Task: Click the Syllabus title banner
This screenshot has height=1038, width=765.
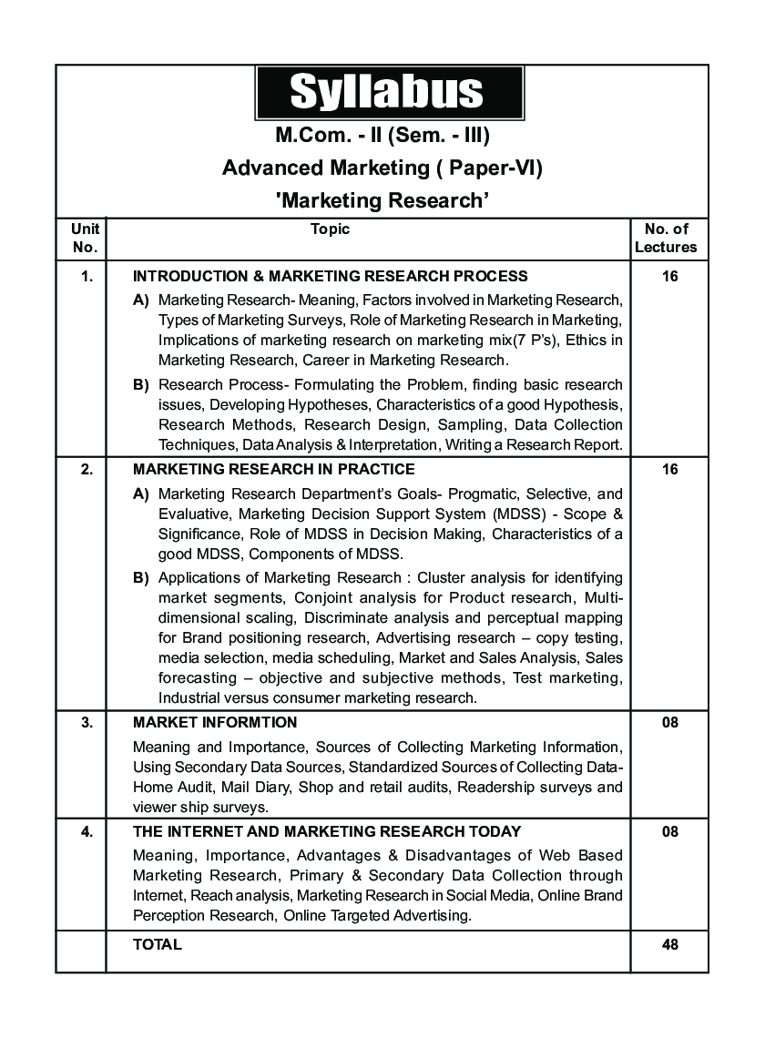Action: pyautogui.click(x=389, y=93)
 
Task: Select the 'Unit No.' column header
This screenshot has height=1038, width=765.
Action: pyautogui.click(x=84, y=239)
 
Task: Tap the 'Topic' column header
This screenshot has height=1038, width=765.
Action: pyautogui.click(x=330, y=229)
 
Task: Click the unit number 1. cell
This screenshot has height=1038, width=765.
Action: pyautogui.click(x=86, y=276)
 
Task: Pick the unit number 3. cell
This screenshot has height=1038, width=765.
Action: pyautogui.click(x=86, y=723)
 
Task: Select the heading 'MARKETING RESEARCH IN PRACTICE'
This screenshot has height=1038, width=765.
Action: pyautogui.click(x=273, y=470)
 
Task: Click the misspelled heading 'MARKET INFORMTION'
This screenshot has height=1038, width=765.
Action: pyautogui.click(x=215, y=723)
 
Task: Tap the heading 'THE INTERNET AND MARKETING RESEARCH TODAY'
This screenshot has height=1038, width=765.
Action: pyautogui.click(x=327, y=831)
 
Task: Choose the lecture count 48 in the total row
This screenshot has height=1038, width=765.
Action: pyautogui.click(x=670, y=944)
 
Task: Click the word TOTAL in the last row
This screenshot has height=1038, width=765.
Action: pyautogui.click(x=158, y=944)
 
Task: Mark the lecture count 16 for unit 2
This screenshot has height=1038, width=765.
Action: pyautogui.click(x=670, y=470)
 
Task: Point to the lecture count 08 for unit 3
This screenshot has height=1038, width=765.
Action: pyautogui.click(x=670, y=723)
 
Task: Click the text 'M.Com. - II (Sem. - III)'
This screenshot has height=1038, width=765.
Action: pyautogui.click(x=382, y=137)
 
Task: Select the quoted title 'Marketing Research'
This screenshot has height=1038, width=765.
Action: pyautogui.click(x=382, y=200)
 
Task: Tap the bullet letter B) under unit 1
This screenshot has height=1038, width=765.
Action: pyautogui.click(x=141, y=384)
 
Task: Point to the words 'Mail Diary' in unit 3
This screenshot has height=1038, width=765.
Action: pyautogui.click(x=250, y=787)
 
